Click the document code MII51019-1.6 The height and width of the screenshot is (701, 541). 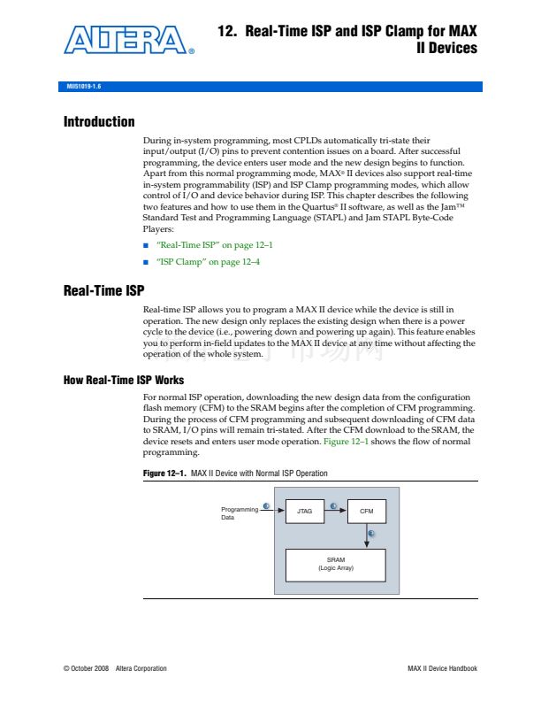85,88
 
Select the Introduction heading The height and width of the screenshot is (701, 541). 99,122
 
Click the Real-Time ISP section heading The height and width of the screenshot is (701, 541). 103,290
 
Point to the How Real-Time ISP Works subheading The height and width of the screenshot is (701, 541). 124,381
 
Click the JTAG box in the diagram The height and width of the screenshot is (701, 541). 306,512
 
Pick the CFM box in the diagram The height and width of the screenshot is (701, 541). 366,512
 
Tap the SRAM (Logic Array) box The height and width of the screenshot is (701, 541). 336,564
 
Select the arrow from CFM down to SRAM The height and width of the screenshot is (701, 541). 366,536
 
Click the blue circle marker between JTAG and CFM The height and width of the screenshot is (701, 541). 333,506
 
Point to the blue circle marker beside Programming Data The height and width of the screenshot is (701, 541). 267,505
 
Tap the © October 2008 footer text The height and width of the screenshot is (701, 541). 85,668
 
